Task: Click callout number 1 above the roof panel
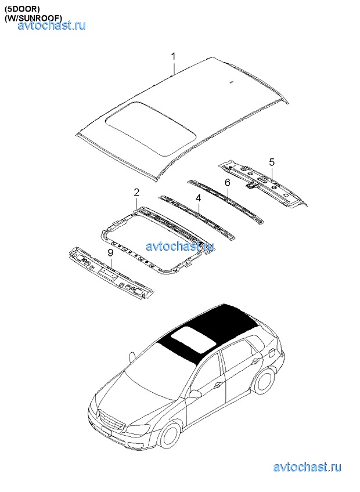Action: pos(173,57)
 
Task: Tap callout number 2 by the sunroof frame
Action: pos(136,193)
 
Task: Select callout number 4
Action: pos(198,198)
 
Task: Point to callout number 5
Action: pos(272,162)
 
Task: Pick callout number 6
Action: pos(228,182)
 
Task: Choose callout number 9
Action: pos(110,253)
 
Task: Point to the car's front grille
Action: pos(111,421)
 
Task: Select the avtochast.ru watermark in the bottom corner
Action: pos(307,467)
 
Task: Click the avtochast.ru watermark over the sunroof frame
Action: pos(181,246)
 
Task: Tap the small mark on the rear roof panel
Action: pos(231,82)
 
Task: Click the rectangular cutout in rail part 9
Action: pos(107,274)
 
